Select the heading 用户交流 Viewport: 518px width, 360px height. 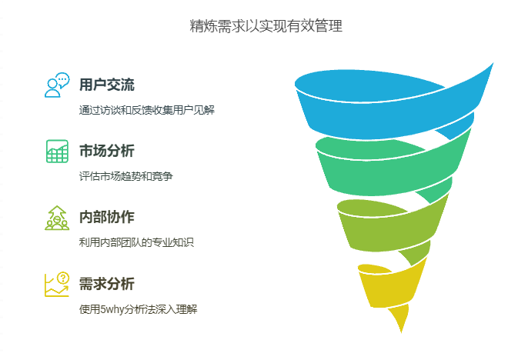pos(106,84)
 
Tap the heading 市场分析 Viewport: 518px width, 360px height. pos(106,150)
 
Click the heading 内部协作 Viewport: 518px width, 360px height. pos(106,217)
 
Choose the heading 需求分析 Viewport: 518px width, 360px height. pos(106,283)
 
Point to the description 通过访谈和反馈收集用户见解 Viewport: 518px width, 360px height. pos(145,110)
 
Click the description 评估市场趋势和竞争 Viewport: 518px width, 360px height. pos(125,176)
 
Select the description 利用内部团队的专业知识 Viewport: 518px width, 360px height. pos(135,242)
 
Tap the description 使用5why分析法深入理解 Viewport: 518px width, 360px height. pos(138,308)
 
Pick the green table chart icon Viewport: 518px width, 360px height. pos(57,151)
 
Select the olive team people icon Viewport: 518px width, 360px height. pos(57,218)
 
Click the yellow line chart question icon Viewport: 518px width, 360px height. pos(57,284)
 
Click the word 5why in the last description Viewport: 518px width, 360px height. pos(112,308)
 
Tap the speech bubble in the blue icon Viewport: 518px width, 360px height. pos(62,78)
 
